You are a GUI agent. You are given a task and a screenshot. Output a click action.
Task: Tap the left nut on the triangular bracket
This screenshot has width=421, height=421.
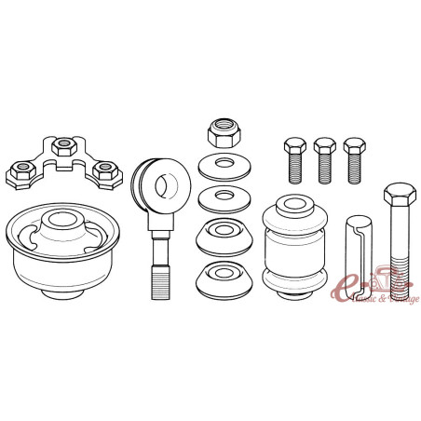click(20, 171)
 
